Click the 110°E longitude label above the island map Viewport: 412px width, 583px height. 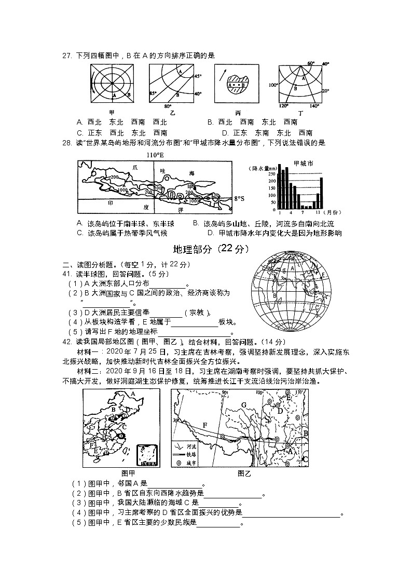click(x=154, y=155)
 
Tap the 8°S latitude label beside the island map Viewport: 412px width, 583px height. click(x=240, y=198)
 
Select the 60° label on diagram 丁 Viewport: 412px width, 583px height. click(x=311, y=63)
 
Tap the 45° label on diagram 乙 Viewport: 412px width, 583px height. click(x=197, y=76)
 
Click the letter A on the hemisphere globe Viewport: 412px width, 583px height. click(x=293, y=268)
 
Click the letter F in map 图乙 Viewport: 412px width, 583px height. click(x=205, y=425)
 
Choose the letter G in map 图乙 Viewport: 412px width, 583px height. click(x=243, y=404)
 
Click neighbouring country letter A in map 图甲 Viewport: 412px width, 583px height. click(x=133, y=394)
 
